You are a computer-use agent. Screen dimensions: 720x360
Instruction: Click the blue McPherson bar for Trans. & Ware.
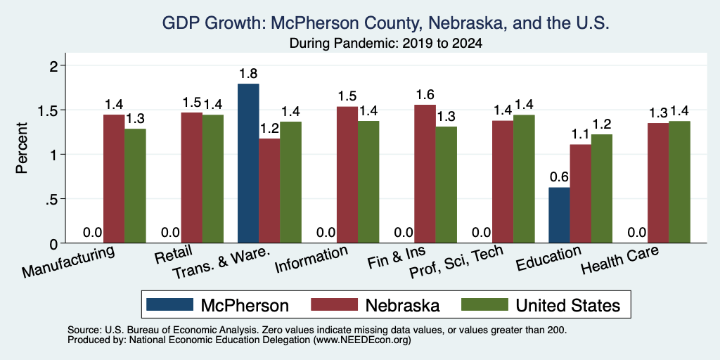tap(248, 163)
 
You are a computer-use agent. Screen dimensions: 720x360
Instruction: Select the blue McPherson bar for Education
tap(559, 215)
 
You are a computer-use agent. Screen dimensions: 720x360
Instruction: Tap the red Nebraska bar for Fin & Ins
tap(425, 174)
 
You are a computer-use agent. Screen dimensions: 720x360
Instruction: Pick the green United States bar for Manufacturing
tap(135, 186)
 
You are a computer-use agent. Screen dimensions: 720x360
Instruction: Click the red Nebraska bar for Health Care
tap(658, 183)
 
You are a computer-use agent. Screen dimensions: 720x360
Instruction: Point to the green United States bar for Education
tap(602, 188)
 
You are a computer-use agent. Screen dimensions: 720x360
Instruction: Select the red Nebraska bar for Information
tap(347, 174)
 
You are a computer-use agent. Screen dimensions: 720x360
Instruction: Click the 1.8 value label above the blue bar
tap(248, 73)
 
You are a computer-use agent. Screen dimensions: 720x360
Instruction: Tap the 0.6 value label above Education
tap(559, 177)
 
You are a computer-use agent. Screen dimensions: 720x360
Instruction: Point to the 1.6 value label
tap(425, 95)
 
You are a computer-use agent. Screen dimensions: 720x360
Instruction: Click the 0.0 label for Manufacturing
tap(92, 232)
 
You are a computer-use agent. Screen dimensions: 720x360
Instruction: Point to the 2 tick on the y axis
tap(55, 65)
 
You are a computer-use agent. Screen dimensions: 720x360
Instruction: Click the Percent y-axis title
tap(21, 148)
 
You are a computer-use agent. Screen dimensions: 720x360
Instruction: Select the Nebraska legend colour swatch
tap(334, 304)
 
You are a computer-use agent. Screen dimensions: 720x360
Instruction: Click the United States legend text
tap(567, 305)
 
